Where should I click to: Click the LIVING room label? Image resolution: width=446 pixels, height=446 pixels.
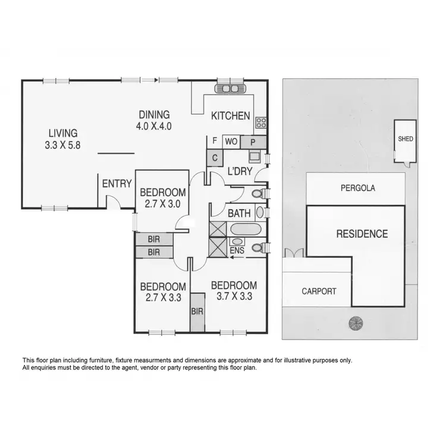pos(63,134)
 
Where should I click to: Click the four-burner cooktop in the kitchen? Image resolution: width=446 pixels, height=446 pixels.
pos(261,123)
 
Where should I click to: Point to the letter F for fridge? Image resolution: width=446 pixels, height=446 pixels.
pos(213,142)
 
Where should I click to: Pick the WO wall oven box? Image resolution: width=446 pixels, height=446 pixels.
pos(232,142)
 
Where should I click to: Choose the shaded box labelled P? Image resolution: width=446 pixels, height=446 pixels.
pos(252,142)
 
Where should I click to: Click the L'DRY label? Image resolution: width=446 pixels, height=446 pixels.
pos(241,172)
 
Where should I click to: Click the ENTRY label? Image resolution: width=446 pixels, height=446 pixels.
pos(117,184)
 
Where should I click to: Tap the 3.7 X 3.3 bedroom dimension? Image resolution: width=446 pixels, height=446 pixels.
pos(234,296)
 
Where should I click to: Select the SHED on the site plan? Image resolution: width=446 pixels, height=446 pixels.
pos(406,139)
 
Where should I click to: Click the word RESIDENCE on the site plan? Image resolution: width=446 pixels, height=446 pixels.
pos(362,234)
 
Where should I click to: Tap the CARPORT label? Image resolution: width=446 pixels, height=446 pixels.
pos(318,291)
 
